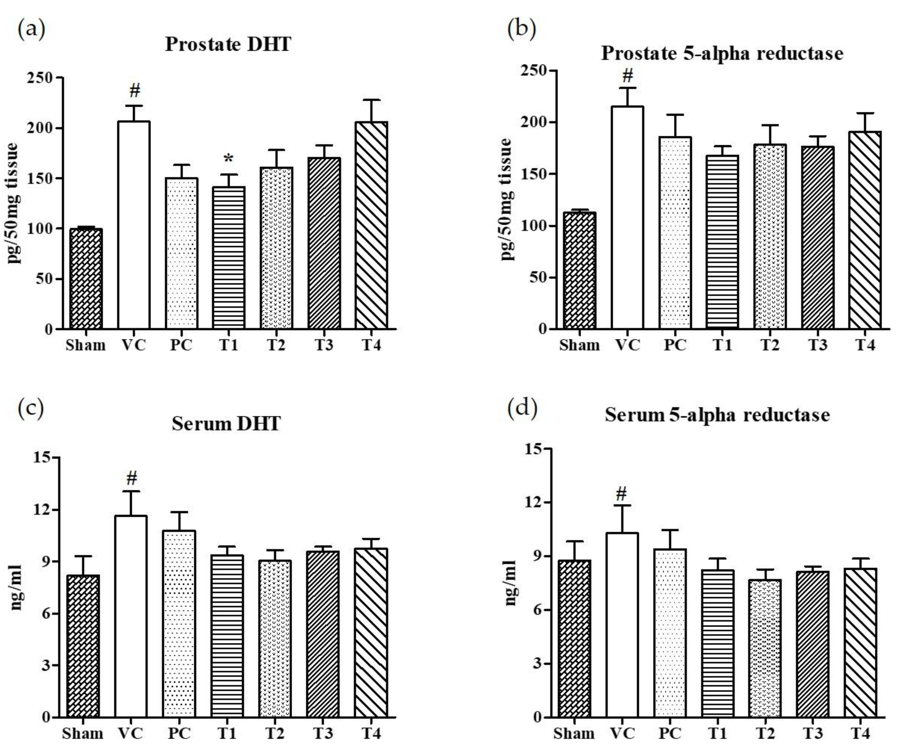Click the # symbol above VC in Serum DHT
click(132, 478)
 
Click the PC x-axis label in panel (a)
click(181, 345)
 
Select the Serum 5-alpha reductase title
click(717, 415)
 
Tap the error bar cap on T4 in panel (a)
click(371, 100)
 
